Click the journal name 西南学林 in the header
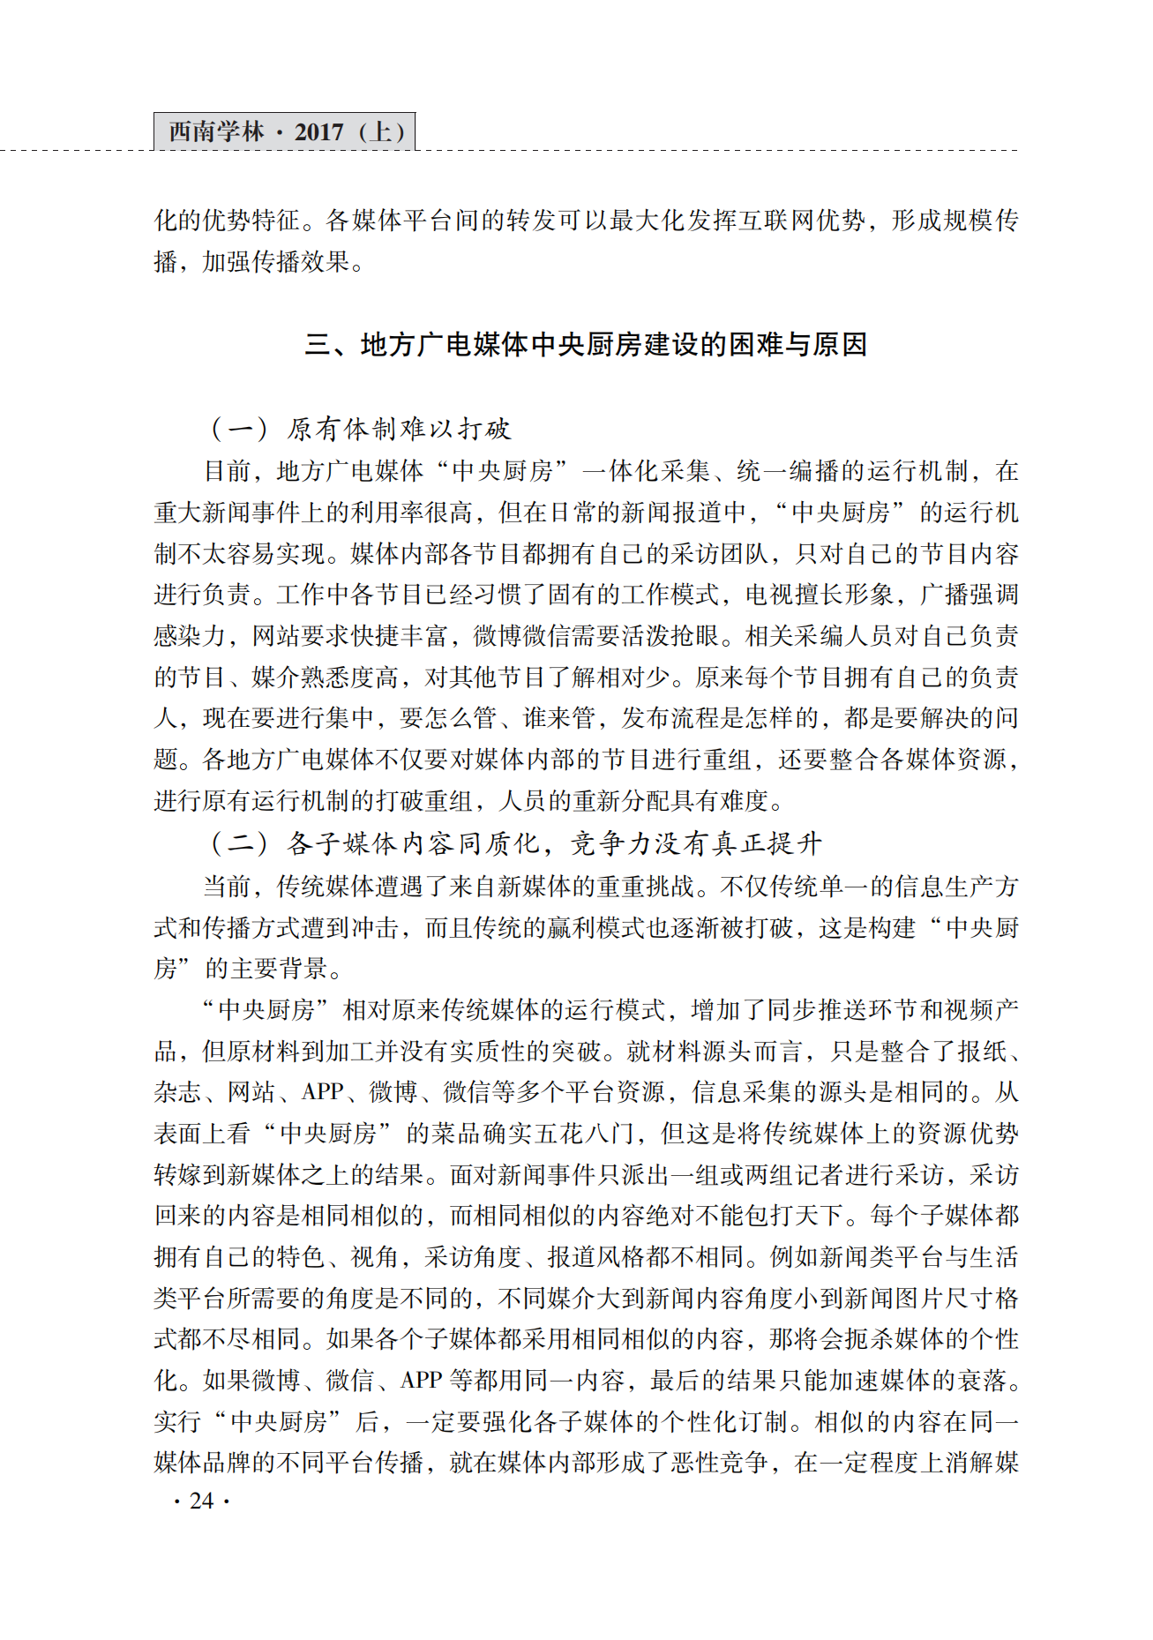click(x=216, y=132)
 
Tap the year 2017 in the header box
click(x=318, y=132)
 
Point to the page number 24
click(x=202, y=1501)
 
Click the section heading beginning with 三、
click(x=586, y=344)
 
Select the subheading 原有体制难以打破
click(x=398, y=430)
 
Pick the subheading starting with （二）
click(x=515, y=844)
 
